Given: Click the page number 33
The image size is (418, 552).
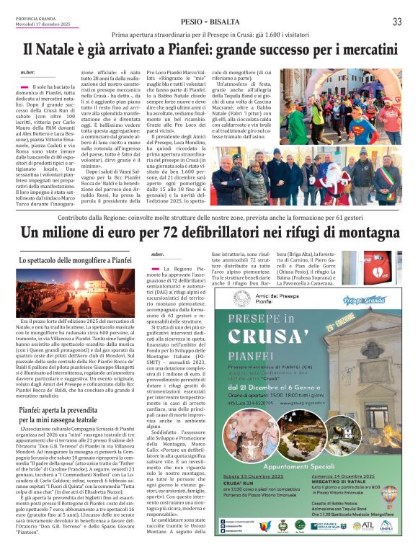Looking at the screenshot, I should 397,22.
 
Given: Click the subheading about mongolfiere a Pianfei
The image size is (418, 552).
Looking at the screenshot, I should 76,259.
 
